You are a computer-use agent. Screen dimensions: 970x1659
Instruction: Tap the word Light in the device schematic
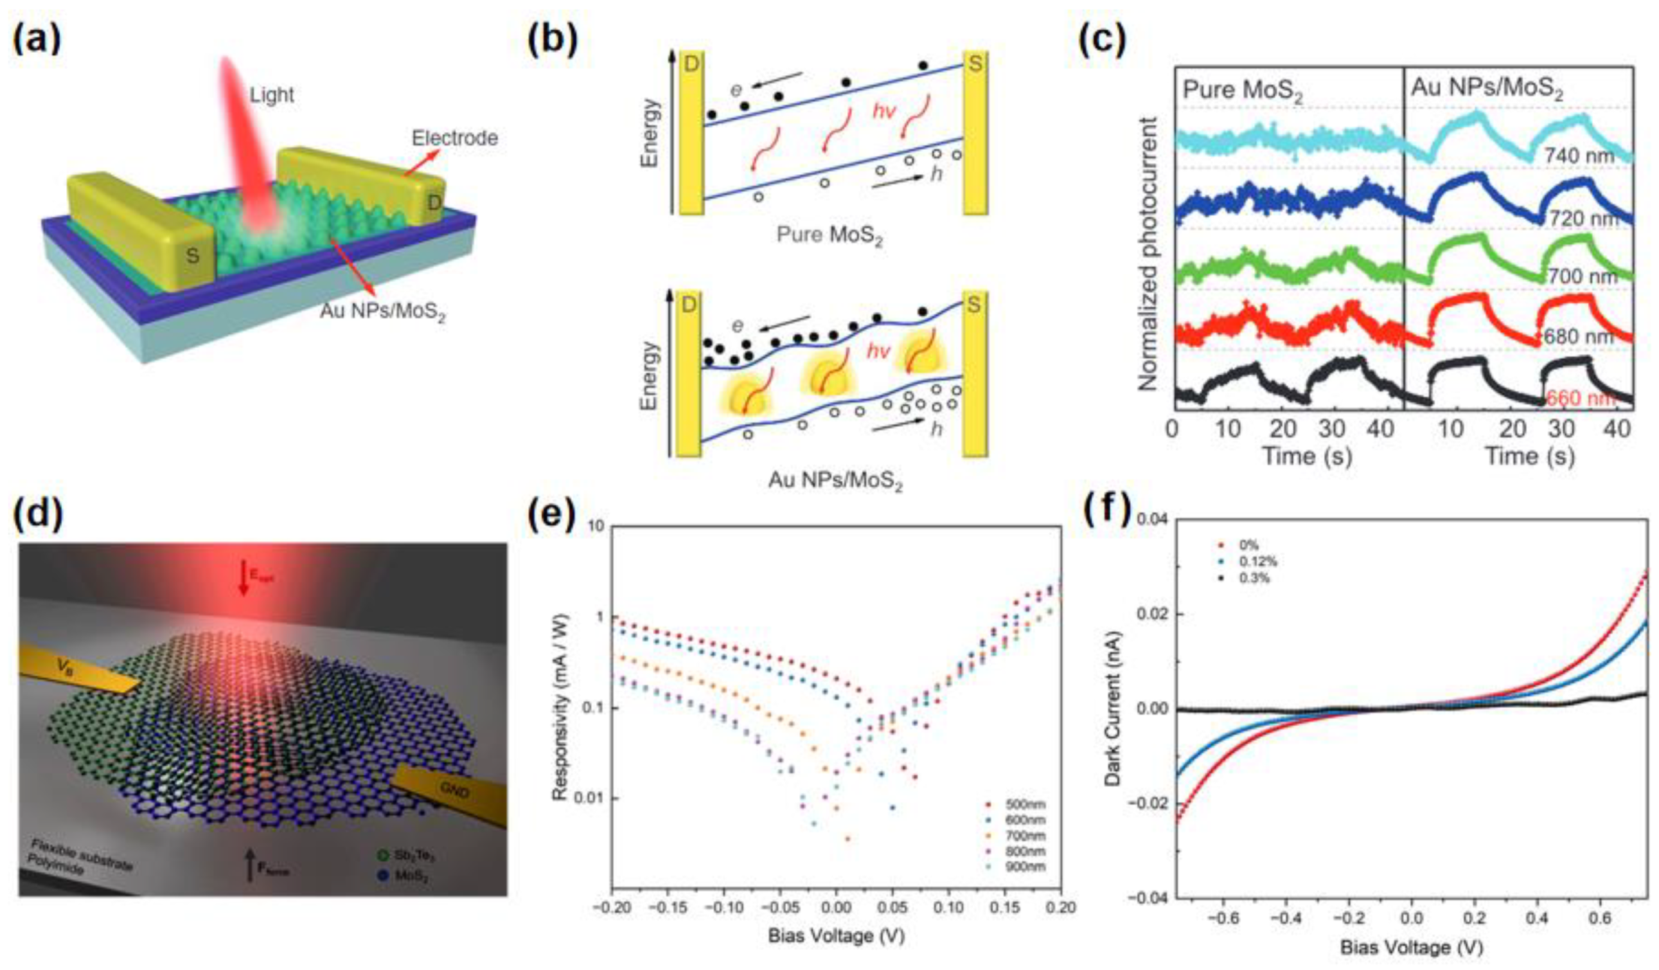[x=271, y=95]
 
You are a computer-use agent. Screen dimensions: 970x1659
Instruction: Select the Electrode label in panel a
[x=454, y=138]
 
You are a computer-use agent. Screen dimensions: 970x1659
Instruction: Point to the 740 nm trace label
[x=1580, y=156]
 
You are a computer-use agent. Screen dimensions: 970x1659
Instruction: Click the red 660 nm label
[x=1580, y=399]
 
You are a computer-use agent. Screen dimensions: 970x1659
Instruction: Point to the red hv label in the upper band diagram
[x=883, y=111]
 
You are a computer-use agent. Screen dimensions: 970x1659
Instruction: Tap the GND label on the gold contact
[x=454, y=790]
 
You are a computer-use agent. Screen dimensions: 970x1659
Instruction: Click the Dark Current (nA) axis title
[x=1113, y=710]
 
